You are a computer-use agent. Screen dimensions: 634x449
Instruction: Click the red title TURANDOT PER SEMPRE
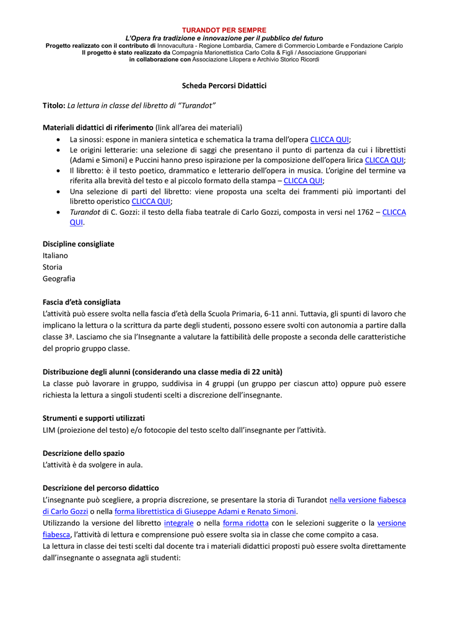[x=224, y=30]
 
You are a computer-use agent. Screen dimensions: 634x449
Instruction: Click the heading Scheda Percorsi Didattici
[x=224, y=85]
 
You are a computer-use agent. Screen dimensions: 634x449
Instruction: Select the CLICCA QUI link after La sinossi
[x=329, y=139]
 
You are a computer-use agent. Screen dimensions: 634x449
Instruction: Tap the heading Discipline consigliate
[x=78, y=244]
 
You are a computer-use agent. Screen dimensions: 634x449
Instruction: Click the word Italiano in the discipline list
[x=55, y=255]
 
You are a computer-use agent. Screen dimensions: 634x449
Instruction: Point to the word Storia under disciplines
[x=52, y=267]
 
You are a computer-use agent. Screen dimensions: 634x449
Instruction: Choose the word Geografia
[x=59, y=279]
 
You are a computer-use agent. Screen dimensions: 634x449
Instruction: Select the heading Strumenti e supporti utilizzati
[x=94, y=418]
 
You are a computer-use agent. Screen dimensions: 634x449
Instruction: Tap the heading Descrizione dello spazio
[x=83, y=453]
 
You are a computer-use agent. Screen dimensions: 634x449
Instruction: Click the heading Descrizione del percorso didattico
[x=100, y=488]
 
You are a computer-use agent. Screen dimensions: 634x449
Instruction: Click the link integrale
[x=178, y=523]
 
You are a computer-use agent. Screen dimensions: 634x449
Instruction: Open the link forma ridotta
[x=246, y=523]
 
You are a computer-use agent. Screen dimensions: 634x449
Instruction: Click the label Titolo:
[x=54, y=105]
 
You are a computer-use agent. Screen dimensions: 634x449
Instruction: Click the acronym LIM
[x=49, y=430]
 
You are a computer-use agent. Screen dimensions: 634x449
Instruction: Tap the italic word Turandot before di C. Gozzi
[x=85, y=212]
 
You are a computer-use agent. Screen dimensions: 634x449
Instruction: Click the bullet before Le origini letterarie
[x=58, y=150]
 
